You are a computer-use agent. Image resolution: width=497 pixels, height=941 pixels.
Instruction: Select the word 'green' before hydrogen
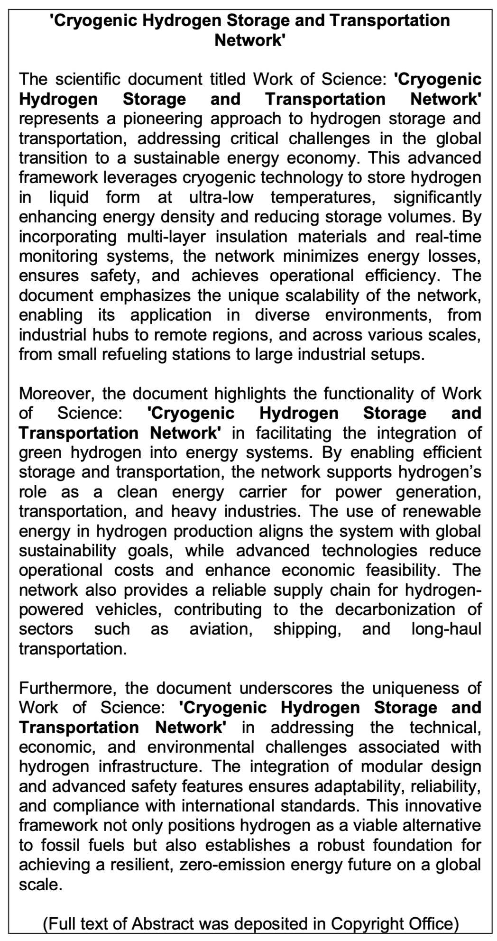click(x=41, y=452)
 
